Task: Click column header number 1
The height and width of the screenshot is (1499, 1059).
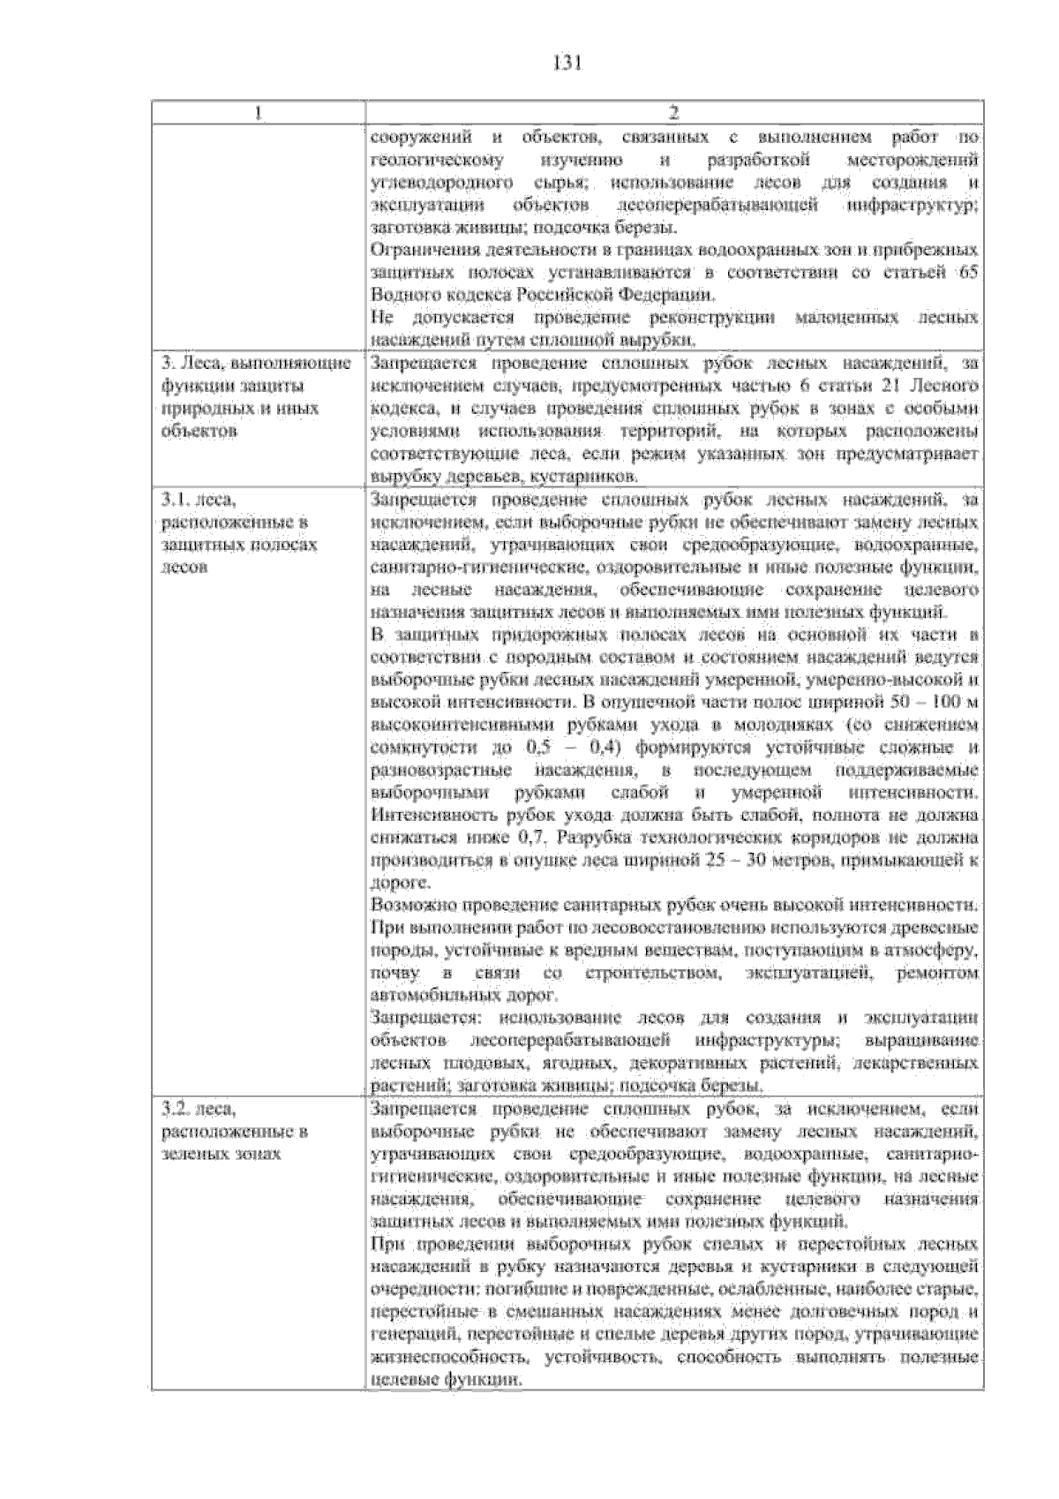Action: [258, 113]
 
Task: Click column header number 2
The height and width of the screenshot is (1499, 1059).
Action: [673, 113]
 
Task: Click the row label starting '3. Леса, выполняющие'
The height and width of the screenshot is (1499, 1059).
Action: [255, 364]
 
